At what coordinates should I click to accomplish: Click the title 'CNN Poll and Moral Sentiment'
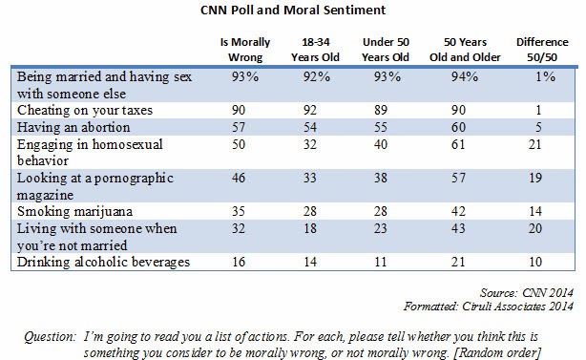[x=293, y=12]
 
